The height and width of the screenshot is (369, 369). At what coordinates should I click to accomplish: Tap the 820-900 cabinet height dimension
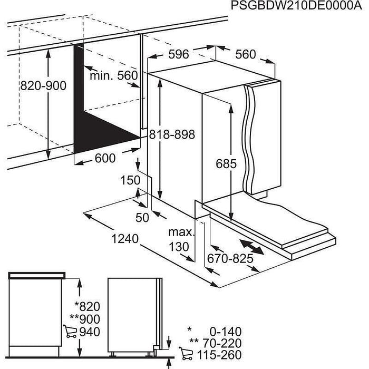[43, 85]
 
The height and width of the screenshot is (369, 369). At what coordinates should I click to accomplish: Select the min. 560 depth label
[113, 76]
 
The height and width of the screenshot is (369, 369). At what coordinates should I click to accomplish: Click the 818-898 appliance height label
[172, 135]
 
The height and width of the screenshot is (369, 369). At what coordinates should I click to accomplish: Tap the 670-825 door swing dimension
[230, 258]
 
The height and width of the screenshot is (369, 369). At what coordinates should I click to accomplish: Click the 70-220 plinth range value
[221, 343]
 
